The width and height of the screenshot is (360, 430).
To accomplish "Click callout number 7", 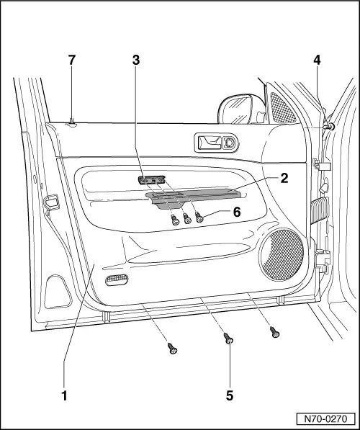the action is coord(71,60).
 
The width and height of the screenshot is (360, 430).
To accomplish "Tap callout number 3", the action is coord(136,60).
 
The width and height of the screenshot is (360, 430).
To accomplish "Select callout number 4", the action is coord(317,60).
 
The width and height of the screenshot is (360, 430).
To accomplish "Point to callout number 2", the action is coord(284,178).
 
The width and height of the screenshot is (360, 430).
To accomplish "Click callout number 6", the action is coord(237,212).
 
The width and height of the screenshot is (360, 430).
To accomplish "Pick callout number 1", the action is coord(64,395).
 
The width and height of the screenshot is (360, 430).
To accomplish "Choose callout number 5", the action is coord(230,395).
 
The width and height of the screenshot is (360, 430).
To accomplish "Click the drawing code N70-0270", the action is coord(325,419).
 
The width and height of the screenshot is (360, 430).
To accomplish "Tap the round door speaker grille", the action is coord(282,255).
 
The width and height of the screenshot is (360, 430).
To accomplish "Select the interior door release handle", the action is coord(210,143).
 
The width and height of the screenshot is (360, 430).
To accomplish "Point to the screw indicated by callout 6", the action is coord(199,218).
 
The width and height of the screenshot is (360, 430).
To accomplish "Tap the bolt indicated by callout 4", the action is coord(329,127).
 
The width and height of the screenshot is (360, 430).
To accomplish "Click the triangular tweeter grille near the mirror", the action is coord(282,107).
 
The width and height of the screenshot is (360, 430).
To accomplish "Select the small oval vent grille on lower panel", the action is coord(117,279).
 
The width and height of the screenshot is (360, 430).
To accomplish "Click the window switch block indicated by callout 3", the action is coord(152,180).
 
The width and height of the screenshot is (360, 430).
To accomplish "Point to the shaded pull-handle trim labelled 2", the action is coord(193,197).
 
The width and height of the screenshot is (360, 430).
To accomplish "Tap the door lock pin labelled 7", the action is coord(72,121).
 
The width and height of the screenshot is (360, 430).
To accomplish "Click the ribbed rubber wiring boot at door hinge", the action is coord(319,210).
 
